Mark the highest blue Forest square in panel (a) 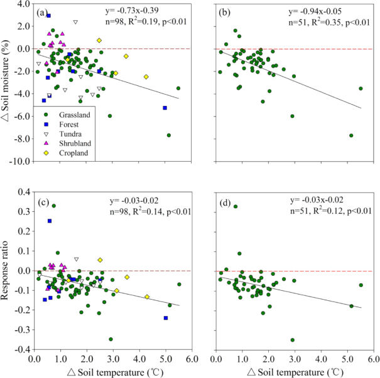[48, 16]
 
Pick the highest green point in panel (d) [236, 206]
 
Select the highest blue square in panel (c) [50, 221]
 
